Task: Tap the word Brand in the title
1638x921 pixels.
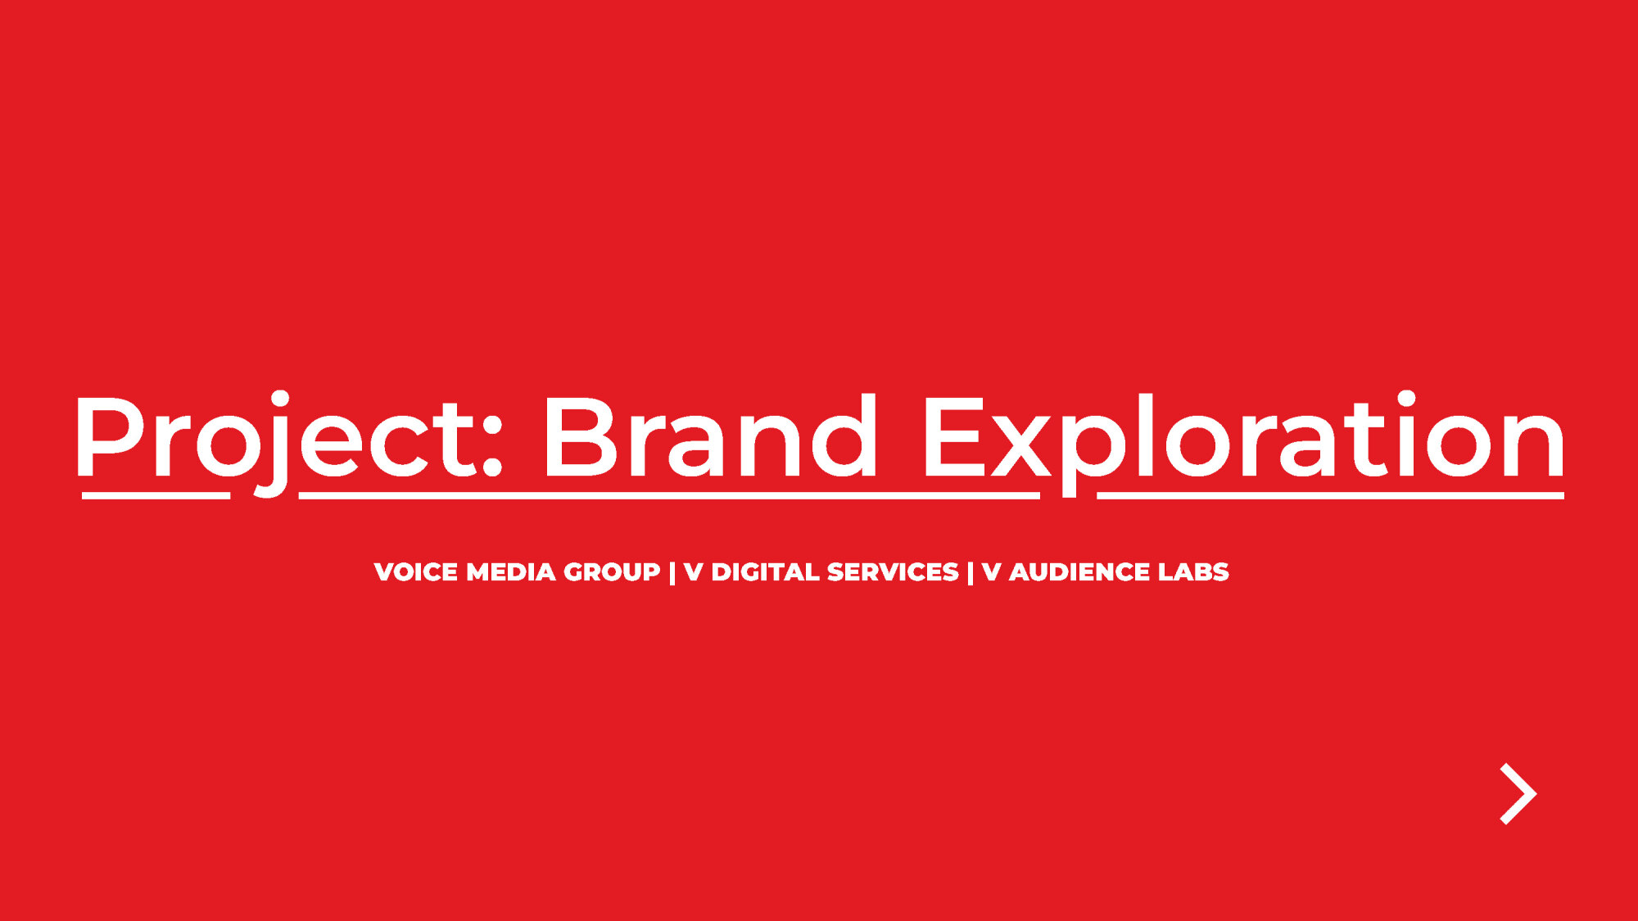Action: pos(709,435)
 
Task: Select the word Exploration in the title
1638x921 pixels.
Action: pos(1244,442)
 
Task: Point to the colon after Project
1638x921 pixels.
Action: pos(491,446)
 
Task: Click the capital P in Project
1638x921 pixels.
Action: pos(110,436)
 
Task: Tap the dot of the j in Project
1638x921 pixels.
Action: pos(280,399)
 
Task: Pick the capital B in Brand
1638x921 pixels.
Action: pos(581,436)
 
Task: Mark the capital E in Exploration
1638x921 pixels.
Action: pos(955,436)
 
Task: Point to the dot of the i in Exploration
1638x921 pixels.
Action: pos(1407,399)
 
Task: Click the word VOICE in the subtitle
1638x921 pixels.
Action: pos(415,571)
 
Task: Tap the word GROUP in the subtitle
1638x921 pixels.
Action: pos(612,571)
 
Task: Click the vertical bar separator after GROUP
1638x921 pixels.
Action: pos(672,572)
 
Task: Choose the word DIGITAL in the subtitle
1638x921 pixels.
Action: pos(765,571)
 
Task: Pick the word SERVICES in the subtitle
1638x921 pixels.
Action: pos(893,571)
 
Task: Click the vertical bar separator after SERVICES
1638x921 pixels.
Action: pos(971,572)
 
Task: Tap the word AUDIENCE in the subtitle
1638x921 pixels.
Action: pos(1079,571)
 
